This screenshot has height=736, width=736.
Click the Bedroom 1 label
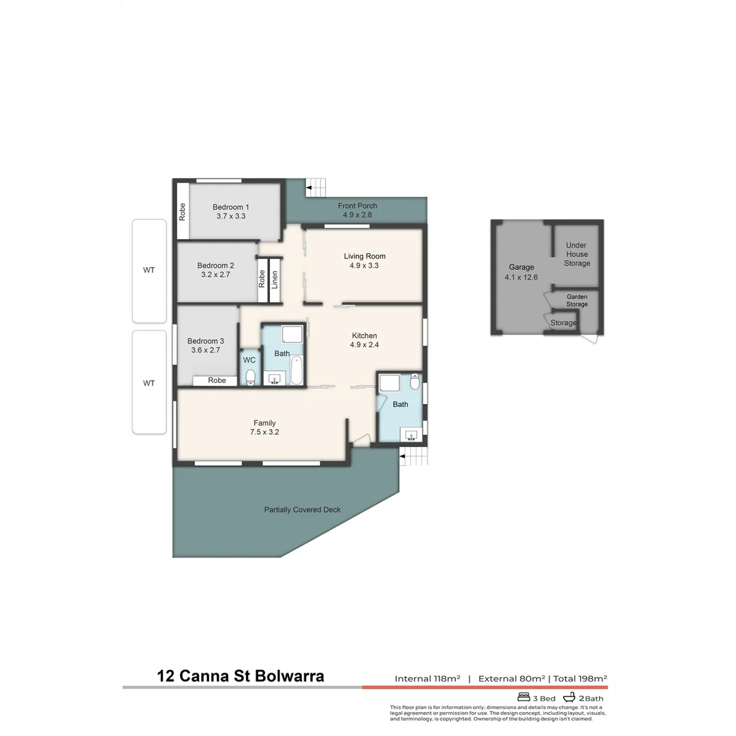coord(230,207)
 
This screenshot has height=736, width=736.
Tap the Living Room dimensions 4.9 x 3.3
coord(364,266)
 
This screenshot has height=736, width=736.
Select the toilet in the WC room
coord(250,378)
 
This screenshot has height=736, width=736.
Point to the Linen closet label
coord(275,280)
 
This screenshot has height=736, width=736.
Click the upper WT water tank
coord(149,271)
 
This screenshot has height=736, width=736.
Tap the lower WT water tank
coord(149,382)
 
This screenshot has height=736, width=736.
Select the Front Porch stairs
coord(316,186)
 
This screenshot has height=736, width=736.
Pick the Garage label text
coord(521,267)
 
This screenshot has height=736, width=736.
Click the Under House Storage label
coord(577,254)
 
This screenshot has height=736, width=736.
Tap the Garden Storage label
coord(577,301)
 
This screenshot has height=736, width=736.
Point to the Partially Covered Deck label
coord(302,510)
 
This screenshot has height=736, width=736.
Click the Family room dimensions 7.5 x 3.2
coord(264,432)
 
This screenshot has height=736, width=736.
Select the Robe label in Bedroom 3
coord(217,381)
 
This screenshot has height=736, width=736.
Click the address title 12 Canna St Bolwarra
coord(241,676)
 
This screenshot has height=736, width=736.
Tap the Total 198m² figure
coord(580,678)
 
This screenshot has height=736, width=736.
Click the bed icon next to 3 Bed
coord(523,697)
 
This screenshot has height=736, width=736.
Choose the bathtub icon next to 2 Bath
coord(569,697)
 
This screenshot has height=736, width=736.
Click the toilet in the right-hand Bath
coord(415,381)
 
